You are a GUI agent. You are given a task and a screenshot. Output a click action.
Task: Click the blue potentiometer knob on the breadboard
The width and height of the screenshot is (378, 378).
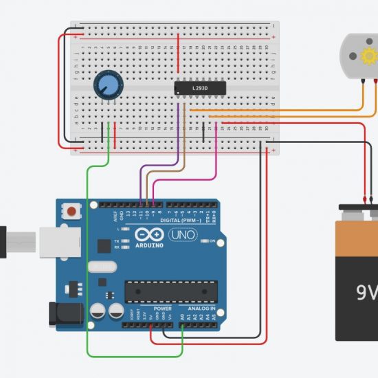pyautogui.click(x=106, y=86)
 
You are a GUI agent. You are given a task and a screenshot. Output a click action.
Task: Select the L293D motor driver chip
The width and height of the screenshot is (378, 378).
pyautogui.click(x=201, y=88)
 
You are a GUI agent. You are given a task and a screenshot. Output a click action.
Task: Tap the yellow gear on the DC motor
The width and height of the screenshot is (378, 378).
pyautogui.click(x=369, y=55)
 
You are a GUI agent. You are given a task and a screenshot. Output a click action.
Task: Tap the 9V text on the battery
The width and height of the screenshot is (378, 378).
pyautogui.click(x=366, y=293)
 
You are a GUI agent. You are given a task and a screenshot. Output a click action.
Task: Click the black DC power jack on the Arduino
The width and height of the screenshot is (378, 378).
pyautogui.click(x=66, y=314)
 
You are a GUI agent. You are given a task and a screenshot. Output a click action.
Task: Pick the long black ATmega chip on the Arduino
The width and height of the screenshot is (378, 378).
pyautogui.click(x=170, y=291)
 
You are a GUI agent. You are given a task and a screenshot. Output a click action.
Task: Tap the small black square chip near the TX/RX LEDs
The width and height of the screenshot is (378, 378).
pyautogui.click(x=103, y=245)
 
